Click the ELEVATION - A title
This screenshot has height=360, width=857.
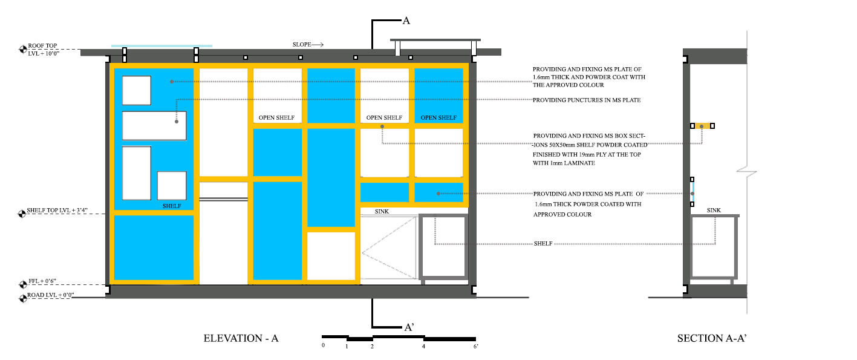coord(241,338)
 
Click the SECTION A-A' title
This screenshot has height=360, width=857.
coord(712,338)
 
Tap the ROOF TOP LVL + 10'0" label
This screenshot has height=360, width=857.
coord(43,50)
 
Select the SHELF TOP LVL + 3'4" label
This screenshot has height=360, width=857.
coord(57,211)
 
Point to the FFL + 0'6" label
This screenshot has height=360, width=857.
coord(42,281)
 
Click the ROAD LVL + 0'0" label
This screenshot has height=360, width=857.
coord(50,295)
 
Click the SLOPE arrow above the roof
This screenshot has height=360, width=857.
coord(318,45)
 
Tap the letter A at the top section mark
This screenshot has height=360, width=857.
coord(406,21)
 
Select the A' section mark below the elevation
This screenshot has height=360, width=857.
coord(409,327)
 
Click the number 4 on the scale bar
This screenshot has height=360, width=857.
coord(423,347)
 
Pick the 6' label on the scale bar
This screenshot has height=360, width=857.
coord(475,347)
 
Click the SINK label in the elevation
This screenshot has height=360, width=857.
coord(382,212)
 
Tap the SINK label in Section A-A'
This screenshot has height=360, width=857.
coord(714,211)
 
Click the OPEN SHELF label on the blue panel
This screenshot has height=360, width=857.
coord(438,118)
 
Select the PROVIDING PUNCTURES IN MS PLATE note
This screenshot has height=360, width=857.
coord(587,100)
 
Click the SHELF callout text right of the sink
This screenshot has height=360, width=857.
coord(543,244)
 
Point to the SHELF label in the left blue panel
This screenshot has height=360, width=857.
coord(172,206)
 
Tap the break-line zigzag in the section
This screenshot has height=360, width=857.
coord(747,173)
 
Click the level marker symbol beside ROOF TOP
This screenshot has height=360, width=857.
coord(22,50)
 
